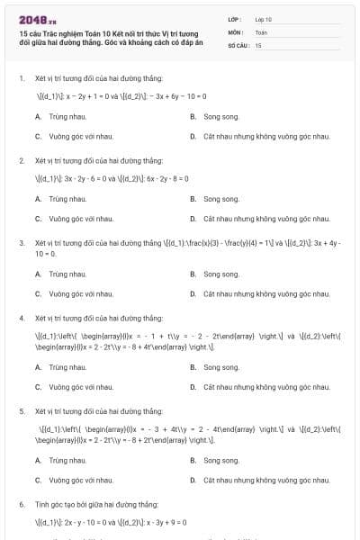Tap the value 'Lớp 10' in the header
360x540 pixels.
click(x=263, y=18)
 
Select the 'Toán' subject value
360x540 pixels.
click(x=261, y=31)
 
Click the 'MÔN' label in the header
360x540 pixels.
click(x=235, y=31)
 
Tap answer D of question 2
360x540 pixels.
click(x=266, y=219)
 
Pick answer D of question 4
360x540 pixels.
click(x=266, y=387)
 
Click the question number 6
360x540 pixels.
click(x=22, y=505)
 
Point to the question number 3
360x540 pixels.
click(x=22, y=243)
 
